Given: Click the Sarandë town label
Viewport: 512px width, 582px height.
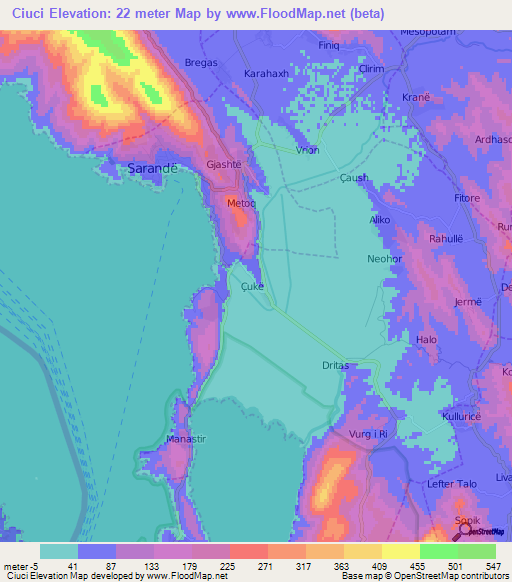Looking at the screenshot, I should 153,168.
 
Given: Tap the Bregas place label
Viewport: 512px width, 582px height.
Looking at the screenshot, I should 202,62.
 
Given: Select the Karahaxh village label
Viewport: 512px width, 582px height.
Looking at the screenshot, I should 266,74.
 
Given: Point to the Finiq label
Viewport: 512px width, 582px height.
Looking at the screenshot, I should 329,46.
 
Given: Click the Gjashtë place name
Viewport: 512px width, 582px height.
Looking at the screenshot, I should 224,163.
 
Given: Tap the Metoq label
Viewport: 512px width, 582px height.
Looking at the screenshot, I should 242,203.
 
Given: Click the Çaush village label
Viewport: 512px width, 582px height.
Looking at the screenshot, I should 354,178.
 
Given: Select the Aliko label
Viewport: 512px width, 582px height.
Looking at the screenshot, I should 381,219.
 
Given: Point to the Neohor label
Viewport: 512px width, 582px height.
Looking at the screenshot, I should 383,258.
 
